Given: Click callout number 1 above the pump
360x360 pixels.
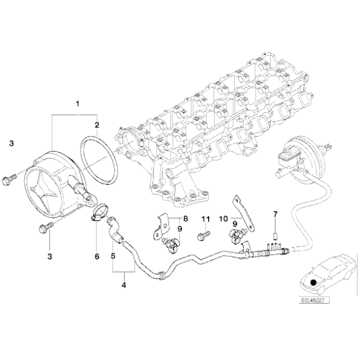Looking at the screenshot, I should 78,102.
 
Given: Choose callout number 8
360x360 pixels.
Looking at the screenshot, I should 184,220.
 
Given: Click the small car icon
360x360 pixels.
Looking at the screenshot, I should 322,272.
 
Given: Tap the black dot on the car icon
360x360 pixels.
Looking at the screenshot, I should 315,282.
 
